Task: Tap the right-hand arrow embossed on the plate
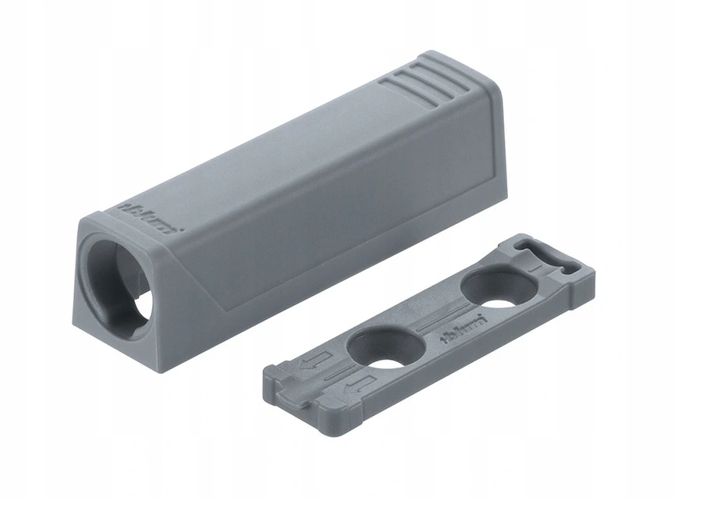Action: coord(360,382)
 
